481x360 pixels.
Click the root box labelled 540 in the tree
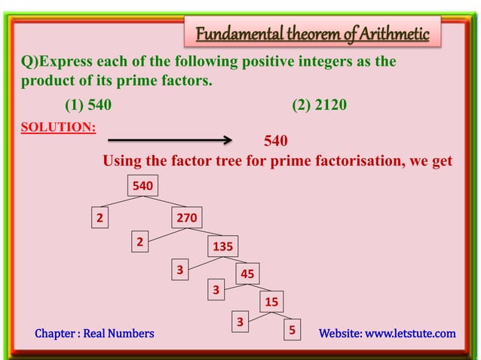pos(142,185)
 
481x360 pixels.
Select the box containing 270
pos(186,218)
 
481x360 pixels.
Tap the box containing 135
pos(222,246)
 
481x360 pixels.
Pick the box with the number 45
pos(247,274)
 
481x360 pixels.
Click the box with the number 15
pos(271,302)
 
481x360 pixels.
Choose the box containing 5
pos(291,331)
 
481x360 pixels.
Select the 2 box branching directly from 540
pos(98,218)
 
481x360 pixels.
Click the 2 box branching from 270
pos(139,242)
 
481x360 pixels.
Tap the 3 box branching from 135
pos(179,270)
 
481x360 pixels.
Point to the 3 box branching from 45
pos(216,289)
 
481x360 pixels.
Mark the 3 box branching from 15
pos(240,322)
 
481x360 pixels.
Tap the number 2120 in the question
pos(330,105)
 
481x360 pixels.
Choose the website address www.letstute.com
pos(410,333)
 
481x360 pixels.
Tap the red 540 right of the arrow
pos(275,141)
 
